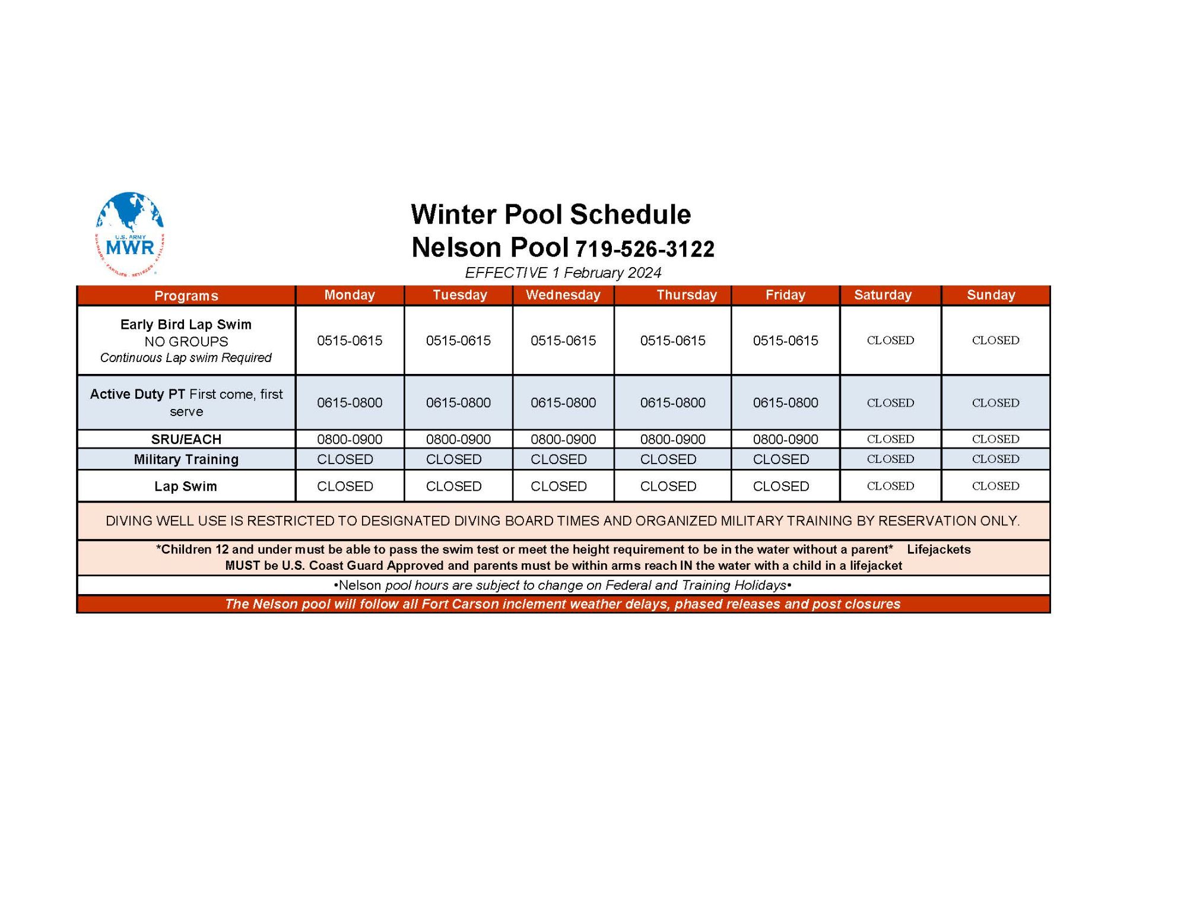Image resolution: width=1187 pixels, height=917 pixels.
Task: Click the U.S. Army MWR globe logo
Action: pos(129,233)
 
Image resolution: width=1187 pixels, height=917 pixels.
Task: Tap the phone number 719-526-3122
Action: pos(645,249)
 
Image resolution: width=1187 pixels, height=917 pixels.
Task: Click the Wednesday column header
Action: pos(563,295)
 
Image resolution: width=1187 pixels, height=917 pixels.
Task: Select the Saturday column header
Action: pos(883,295)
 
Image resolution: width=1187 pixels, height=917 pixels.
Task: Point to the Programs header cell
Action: pos(186,296)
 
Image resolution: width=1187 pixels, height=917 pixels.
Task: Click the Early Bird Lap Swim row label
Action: pos(186,325)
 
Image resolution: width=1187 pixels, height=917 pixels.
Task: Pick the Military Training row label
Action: pos(186,459)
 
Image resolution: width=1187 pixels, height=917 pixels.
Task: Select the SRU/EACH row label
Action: pos(186,439)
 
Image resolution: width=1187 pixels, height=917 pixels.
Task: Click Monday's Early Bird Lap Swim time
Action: pos(350,341)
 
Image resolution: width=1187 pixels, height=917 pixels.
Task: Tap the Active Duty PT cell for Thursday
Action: pos(672,403)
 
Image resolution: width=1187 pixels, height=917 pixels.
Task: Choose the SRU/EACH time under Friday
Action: pos(785,439)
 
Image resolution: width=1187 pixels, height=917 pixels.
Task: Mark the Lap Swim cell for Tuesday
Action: pos(453,486)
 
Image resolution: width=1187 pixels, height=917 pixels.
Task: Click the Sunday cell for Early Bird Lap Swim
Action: pos(995,341)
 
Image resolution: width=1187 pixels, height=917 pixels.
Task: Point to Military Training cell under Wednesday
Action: pos(558,459)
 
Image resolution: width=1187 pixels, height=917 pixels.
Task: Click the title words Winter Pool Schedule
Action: pos(551,214)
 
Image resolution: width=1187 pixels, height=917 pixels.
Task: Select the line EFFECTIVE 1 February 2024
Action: pos(563,273)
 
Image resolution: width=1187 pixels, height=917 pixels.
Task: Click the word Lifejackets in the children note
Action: pos(938,550)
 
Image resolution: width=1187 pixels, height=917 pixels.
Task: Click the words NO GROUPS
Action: pos(186,342)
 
